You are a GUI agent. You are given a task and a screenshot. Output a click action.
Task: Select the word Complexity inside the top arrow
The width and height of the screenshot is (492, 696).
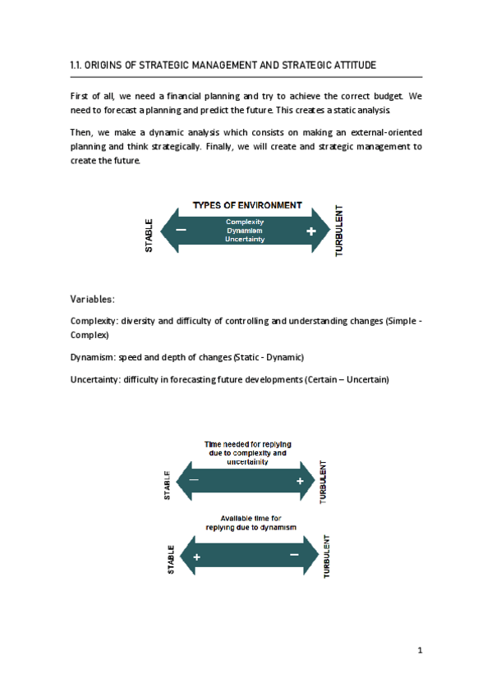(x=245, y=222)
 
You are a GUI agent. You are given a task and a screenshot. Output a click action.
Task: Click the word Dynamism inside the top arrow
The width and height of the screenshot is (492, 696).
(x=245, y=231)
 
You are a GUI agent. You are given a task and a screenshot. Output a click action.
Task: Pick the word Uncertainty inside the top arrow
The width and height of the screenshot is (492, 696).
(x=245, y=240)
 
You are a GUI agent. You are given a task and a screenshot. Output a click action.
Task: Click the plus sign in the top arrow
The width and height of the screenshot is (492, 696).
(x=310, y=232)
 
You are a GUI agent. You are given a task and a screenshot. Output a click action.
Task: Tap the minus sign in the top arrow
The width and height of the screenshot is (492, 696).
(x=181, y=231)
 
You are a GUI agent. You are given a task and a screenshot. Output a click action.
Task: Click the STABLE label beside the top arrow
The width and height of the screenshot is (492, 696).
(x=149, y=235)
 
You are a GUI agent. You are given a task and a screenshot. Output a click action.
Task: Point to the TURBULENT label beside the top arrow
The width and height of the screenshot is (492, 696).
(x=340, y=231)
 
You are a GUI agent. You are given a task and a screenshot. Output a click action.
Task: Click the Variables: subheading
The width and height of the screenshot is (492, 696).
(x=93, y=299)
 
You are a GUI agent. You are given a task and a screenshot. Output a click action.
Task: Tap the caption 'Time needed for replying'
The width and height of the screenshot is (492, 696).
(x=247, y=444)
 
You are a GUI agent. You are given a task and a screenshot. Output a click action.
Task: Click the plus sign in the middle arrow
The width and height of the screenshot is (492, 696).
(x=301, y=480)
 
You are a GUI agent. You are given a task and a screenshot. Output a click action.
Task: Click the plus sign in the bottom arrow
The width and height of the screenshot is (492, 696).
(x=197, y=557)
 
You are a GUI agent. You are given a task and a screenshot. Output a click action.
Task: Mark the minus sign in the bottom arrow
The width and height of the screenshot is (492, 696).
(x=294, y=556)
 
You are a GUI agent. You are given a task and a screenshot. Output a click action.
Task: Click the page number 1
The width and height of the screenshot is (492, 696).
(x=419, y=651)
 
